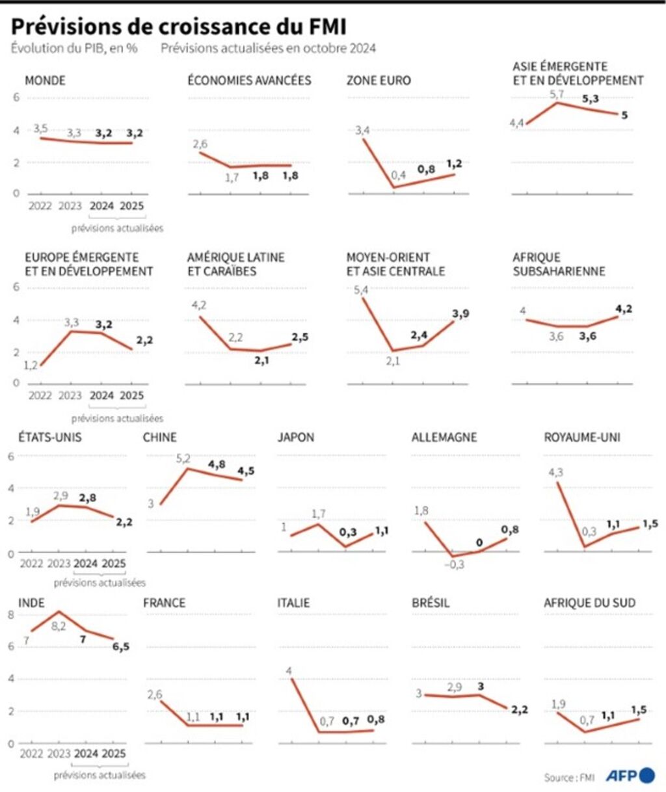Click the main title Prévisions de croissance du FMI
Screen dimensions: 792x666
point(178,26)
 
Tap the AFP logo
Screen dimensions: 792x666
point(630,775)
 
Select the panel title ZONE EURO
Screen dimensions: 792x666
point(379,81)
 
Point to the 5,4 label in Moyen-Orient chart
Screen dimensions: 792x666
point(361,290)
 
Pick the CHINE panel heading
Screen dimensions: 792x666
point(160,437)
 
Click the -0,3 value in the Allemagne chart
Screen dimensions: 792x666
point(454,564)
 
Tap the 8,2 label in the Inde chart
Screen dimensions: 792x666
point(59,626)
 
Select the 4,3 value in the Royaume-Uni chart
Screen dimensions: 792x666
point(555,473)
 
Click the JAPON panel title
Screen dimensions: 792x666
point(296,437)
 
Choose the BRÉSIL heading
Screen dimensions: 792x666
point(431,603)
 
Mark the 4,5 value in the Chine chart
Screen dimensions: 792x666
point(245,471)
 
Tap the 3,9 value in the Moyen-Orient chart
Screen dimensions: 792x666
point(460,314)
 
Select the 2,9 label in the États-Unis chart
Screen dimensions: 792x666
point(60,496)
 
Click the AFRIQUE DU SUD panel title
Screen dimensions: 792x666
point(589,603)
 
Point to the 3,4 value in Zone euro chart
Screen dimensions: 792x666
point(362,131)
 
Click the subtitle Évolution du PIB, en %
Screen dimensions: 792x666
point(74,48)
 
